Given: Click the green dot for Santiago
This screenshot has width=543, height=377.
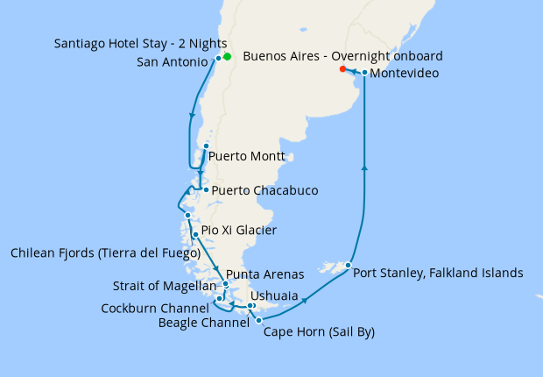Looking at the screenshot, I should click(x=227, y=57).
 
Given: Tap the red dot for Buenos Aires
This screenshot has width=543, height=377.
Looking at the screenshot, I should click(x=342, y=68).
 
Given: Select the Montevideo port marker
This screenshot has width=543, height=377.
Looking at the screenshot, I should click(x=364, y=73).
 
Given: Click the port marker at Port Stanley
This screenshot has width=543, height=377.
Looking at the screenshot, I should click(x=348, y=265).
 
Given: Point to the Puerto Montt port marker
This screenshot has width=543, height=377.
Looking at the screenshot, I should click(x=206, y=146).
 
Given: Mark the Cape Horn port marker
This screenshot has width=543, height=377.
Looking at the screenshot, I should click(x=258, y=321).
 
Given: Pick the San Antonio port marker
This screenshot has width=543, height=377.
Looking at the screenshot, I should click(x=218, y=59).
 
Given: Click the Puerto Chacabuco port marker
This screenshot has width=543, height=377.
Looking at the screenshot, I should click(x=205, y=189).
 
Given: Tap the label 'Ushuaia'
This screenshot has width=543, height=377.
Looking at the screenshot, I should click(x=273, y=295).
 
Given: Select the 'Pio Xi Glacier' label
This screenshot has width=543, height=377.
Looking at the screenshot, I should click(x=238, y=231).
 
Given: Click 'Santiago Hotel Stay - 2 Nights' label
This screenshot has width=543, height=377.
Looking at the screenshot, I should click(x=140, y=43).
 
